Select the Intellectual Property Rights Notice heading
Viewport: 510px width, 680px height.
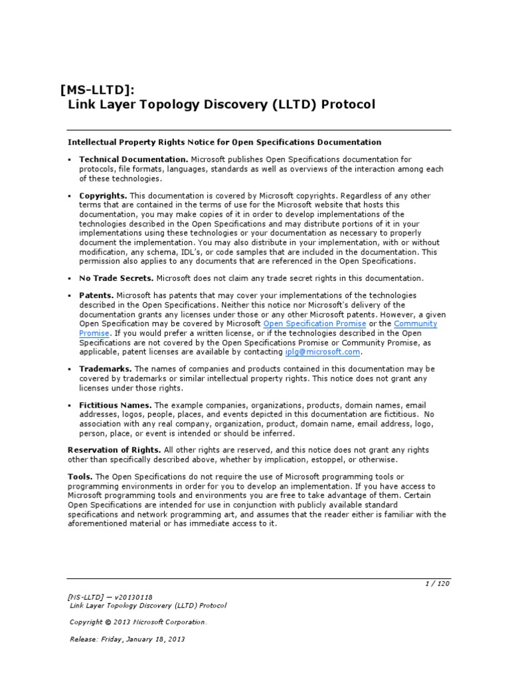[224, 142]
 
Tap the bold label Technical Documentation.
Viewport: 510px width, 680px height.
[133, 159]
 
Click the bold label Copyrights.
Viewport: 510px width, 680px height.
[103, 196]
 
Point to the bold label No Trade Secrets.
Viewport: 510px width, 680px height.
[116, 278]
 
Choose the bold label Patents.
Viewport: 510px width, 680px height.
[96, 295]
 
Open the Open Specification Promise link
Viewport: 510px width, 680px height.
[315, 323]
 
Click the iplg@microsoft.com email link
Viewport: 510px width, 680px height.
[322, 352]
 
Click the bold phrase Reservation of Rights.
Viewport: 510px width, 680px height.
[114, 450]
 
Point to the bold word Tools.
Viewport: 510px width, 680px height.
[80, 477]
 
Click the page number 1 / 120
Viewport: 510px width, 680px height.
[438, 584]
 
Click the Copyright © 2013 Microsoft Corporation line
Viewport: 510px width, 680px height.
[138, 622]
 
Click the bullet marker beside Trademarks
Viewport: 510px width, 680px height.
[70, 369]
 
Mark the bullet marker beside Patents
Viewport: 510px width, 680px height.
[70, 295]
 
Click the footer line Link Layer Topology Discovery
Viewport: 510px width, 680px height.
[148, 606]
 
